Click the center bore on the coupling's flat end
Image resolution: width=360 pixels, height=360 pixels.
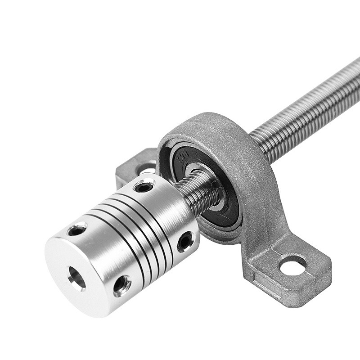point(76,277)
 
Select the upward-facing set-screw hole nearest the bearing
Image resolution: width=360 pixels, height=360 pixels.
point(143,186)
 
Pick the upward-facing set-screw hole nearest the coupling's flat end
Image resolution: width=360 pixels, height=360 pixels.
point(77,230)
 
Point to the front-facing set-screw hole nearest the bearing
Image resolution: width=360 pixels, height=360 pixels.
point(185,241)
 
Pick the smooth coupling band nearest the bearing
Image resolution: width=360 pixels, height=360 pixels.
point(175,211)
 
